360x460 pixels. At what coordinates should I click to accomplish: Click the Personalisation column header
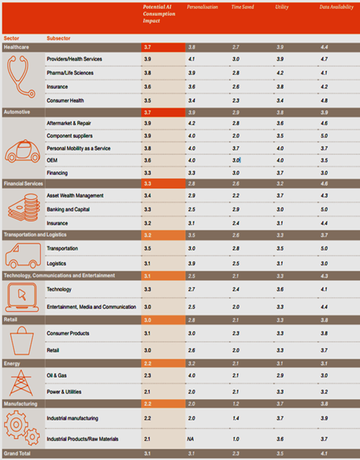(x=202, y=7)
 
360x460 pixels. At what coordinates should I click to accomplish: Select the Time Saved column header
(x=242, y=7)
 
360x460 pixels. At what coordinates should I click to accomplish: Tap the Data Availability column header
(x=337, y=7)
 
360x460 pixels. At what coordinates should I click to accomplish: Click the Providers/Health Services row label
(x=74, y=59)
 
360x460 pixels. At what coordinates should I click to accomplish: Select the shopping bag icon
(x=22, y=340)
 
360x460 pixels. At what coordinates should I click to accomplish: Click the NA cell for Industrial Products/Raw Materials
(x=190, y=439)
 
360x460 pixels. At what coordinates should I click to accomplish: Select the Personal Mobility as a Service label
(x=78, y=148)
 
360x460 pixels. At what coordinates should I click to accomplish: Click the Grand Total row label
(x=18, y=454)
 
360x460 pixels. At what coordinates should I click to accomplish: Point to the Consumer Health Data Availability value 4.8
(x=323, y=100)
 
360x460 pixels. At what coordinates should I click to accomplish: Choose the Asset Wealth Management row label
(x=75, y=196)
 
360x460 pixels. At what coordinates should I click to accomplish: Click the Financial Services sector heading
(x=23, y=184)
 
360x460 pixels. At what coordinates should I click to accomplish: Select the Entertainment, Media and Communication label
(x=91, y=307)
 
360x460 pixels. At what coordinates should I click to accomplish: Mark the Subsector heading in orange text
(x=58, y=38)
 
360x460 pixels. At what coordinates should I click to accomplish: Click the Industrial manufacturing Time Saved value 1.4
(x=235, y=418)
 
